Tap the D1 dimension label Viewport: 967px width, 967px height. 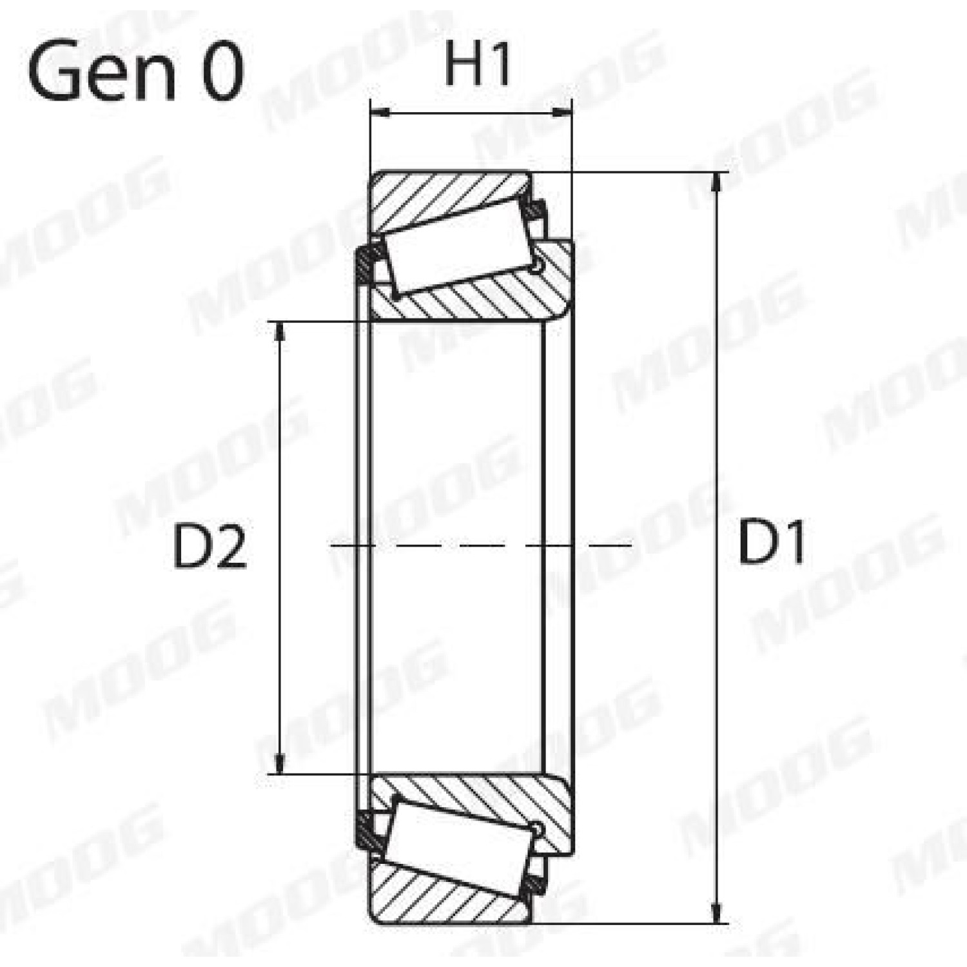tap(772, 543)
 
